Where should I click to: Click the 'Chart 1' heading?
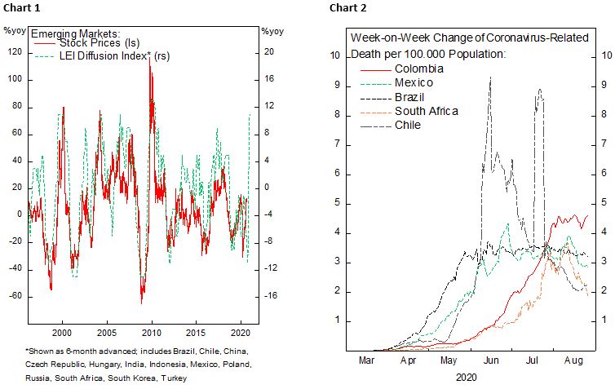(x=20, y=8)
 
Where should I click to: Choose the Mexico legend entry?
(x=414, y=83)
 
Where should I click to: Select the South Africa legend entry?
(x=426, y=111)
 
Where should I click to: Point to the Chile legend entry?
(x=408, y=125)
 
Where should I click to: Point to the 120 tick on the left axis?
(x=14, y=52)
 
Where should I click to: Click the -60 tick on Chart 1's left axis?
(x=14, y=296)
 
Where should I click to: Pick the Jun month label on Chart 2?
(x=491, y=358)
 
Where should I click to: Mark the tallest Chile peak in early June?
(x=490, y=77)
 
